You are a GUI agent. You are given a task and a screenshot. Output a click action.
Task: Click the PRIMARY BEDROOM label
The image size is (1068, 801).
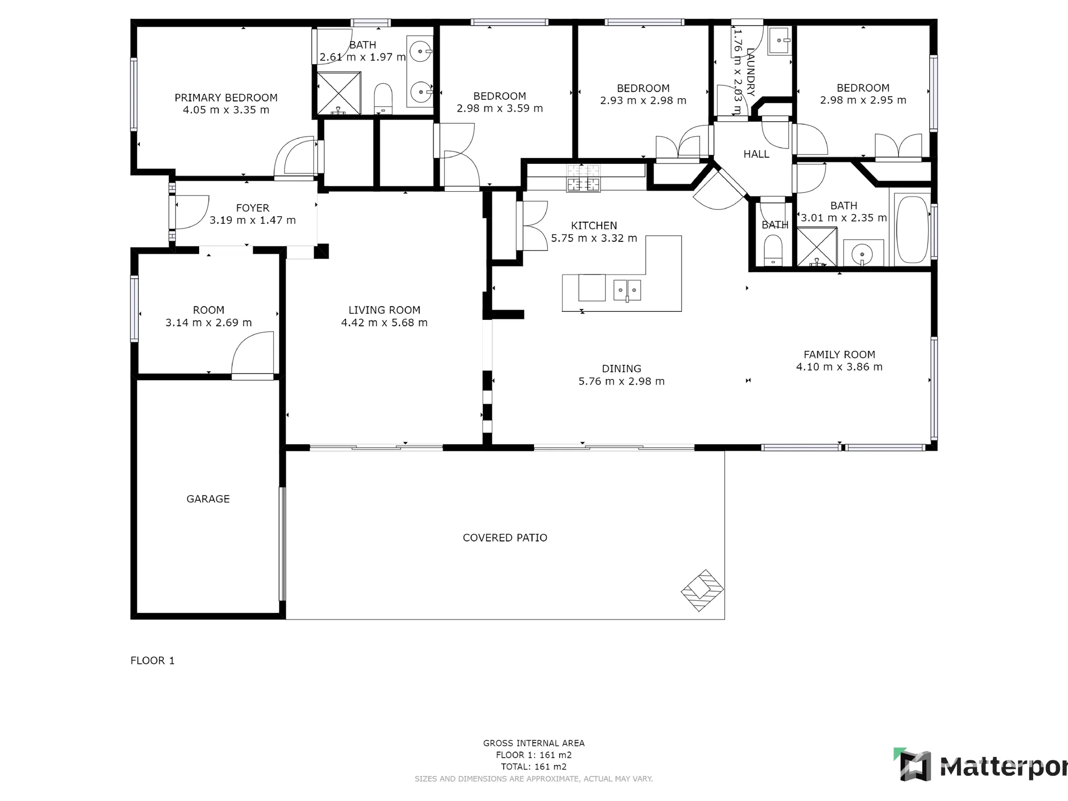pos(226,98)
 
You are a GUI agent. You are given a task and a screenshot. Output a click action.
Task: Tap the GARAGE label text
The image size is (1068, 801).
pos(208,499)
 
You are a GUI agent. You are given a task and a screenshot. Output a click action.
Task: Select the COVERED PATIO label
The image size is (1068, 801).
pos(505,538)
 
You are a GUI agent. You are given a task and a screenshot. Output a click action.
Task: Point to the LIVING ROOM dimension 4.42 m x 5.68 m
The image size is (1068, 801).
pos(384,323)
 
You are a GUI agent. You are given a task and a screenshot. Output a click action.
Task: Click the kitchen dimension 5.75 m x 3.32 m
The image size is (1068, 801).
pos(594,238)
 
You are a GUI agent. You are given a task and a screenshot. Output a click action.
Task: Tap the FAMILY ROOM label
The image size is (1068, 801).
pos(839,355)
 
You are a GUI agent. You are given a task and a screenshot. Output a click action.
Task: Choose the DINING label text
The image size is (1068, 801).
pos(622,368)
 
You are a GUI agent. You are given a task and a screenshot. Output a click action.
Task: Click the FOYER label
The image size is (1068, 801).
pos(253,208)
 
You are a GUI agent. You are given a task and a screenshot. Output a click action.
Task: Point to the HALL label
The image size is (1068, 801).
pos(756,154)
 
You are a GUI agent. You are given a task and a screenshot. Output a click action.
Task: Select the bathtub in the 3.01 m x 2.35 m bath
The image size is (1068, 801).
pos(913,229)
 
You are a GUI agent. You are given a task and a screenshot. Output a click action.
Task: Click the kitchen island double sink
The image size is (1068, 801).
pos(627,290)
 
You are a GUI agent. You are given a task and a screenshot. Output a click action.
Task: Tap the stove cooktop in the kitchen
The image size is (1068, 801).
pos(583,178)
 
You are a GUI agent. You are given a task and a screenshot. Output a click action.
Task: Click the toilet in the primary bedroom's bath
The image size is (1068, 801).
pos(383,99)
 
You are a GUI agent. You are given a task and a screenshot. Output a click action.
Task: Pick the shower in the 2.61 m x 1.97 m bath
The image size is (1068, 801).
pos(339,93)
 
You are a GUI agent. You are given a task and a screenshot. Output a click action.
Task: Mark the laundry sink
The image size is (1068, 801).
pos(779,41)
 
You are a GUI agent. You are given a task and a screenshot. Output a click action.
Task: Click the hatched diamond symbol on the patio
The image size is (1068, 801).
pos(702,590)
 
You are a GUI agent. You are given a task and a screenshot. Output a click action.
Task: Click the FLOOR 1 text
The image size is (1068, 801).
pos(152,661)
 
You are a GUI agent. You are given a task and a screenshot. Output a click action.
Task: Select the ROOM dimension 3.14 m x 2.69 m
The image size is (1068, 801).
pos(208,323)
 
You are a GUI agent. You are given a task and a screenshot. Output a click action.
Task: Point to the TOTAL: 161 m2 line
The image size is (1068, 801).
pos(533,767)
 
